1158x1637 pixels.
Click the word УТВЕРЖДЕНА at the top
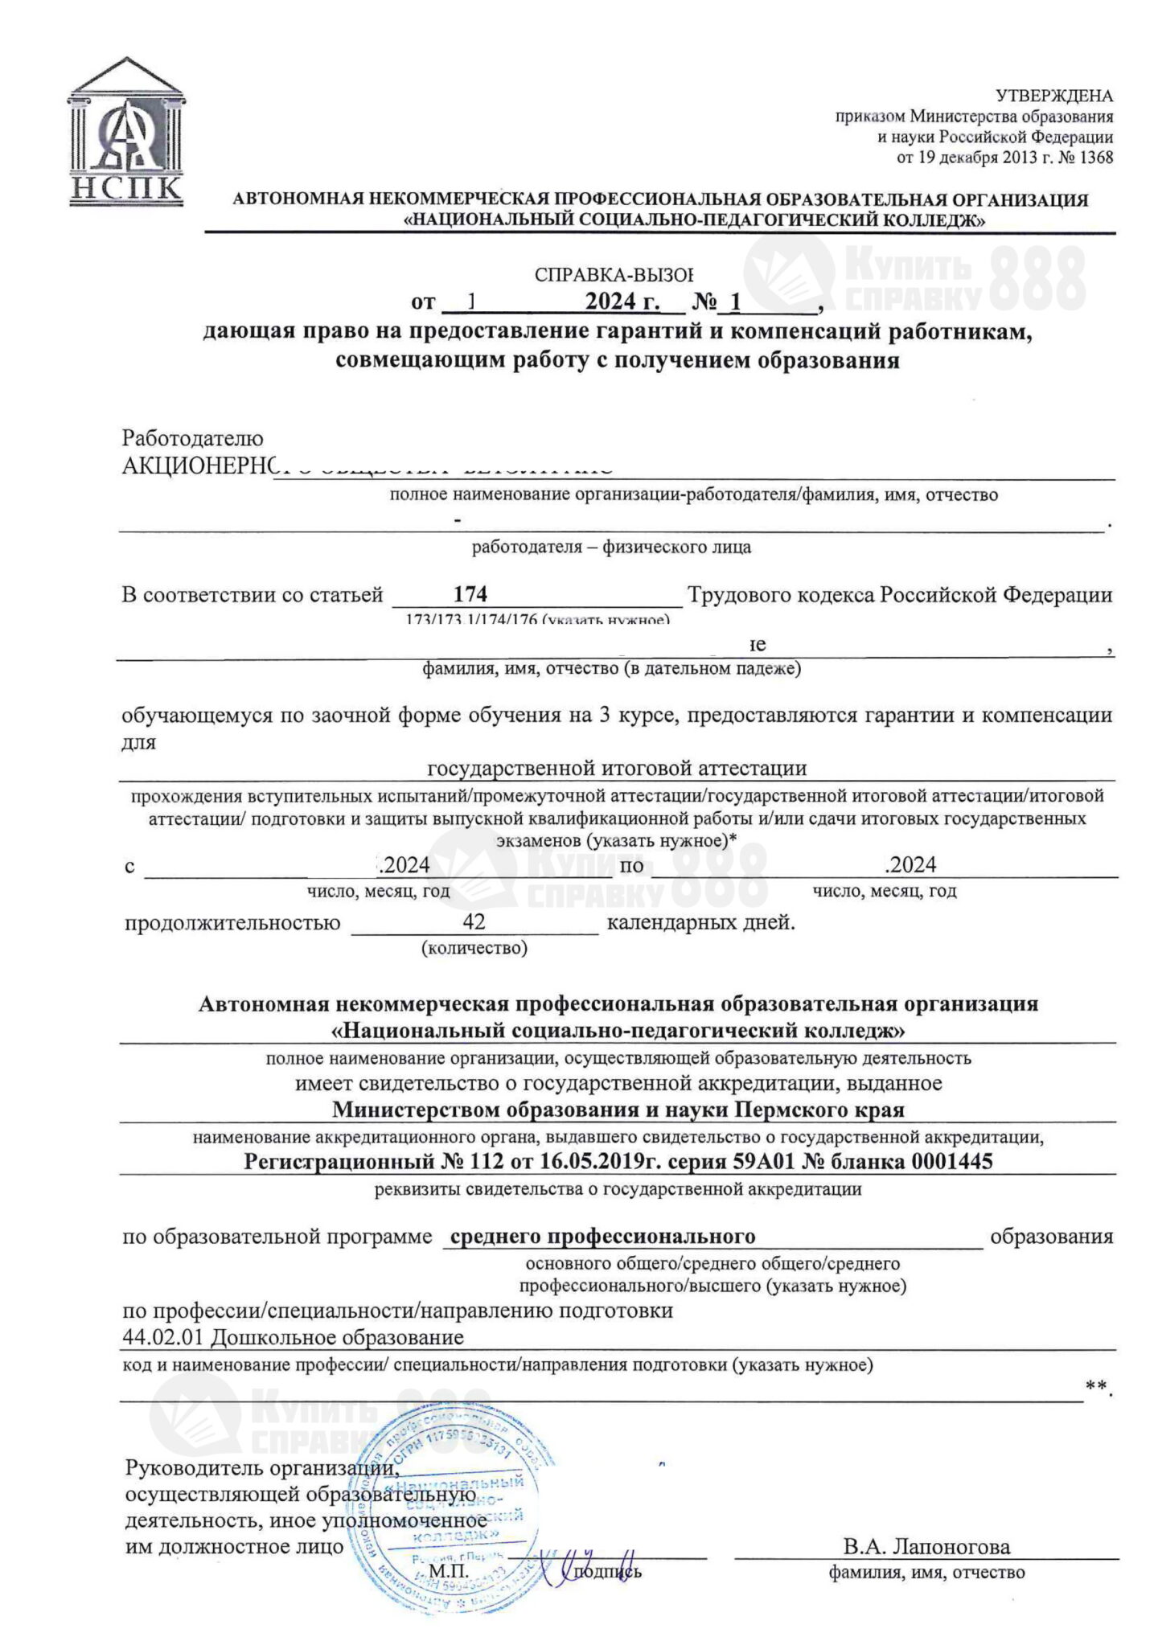(x=1054, y=96)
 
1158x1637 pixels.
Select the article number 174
(x=470, y=594)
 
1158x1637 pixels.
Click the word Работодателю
(x=192, y=439)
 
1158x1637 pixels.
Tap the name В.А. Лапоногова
(x=926, y=1546)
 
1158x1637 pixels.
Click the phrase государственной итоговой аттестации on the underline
(x=617, y=767)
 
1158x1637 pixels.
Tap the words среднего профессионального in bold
(x=602, y=1236)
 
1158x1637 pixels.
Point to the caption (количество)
(x=474, y=949)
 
